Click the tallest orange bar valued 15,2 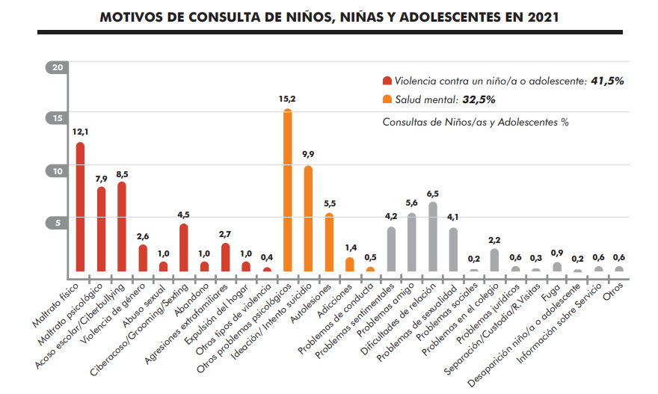point(287,191)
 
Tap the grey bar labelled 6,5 point(432,236)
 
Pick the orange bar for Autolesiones point(329,242)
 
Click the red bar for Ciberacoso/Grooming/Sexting point(183,247)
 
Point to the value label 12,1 point(80,132)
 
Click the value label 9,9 point(308,155)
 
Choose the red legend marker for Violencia point(387,81)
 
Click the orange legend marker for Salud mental point(387,99)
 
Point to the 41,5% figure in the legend point(608,81)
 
